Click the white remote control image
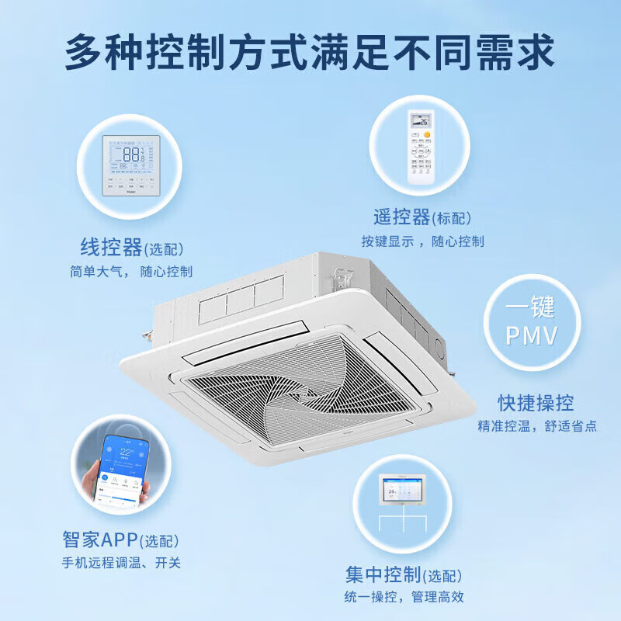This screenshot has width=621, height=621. click(422, 147)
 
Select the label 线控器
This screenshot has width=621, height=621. click(112, 248)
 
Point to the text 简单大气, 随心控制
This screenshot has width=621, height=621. click(131, 272)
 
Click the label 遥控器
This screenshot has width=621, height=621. click(401, 218)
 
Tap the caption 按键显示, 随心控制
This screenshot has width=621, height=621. click(422, 241)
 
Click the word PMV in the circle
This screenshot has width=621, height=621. click(532, 335)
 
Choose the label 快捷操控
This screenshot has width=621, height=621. click(536, 403)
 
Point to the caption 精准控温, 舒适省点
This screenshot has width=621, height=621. click(537, 426)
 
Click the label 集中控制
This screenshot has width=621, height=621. click(383, 574)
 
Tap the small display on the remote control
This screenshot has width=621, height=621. click(422, 121)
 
